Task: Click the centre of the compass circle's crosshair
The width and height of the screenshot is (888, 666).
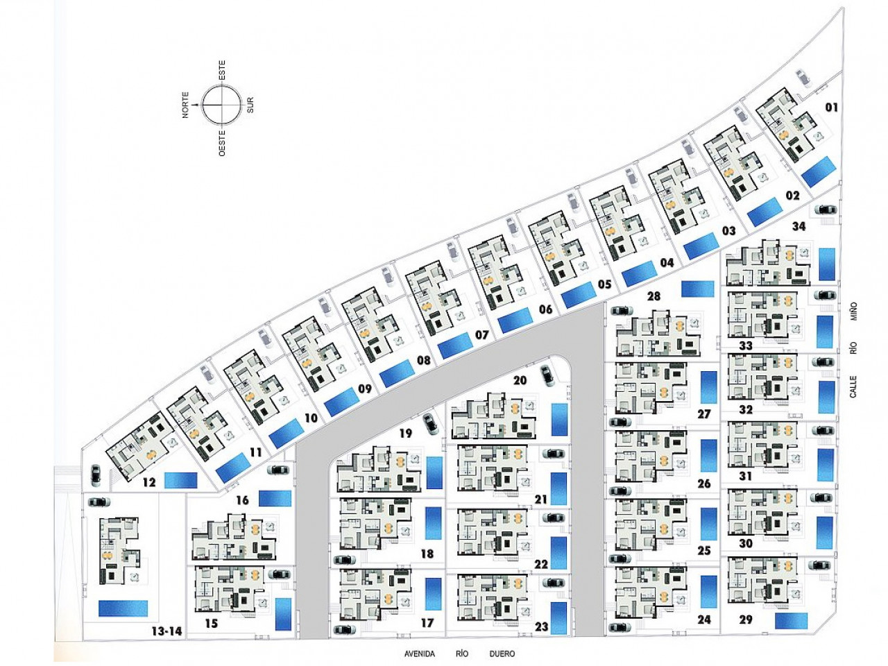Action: click(221, 104)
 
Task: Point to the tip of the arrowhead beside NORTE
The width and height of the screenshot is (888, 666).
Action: click(194, 104)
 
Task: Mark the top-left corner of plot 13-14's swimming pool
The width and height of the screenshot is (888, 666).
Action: click(99, 601)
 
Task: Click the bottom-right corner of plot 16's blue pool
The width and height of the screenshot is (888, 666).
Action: click(291, 506)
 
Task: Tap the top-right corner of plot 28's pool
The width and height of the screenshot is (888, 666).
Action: click(714, 282)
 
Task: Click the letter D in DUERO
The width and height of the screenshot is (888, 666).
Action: click(493, 654)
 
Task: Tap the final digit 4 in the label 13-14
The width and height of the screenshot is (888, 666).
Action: click(179, 631)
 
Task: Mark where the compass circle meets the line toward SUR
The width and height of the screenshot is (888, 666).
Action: click(240, 104)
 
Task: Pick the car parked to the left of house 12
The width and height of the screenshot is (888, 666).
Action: click(96, 475)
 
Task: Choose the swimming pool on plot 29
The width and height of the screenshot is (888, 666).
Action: click(791, 621)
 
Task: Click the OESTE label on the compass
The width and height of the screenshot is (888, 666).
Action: click(221, 142)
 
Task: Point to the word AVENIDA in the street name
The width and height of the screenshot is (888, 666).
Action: click(420, 654)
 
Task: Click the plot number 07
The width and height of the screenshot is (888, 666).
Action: click(482, 335)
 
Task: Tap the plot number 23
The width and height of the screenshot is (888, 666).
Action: click(541, 626)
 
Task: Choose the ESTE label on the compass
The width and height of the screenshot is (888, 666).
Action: click(221, 70)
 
